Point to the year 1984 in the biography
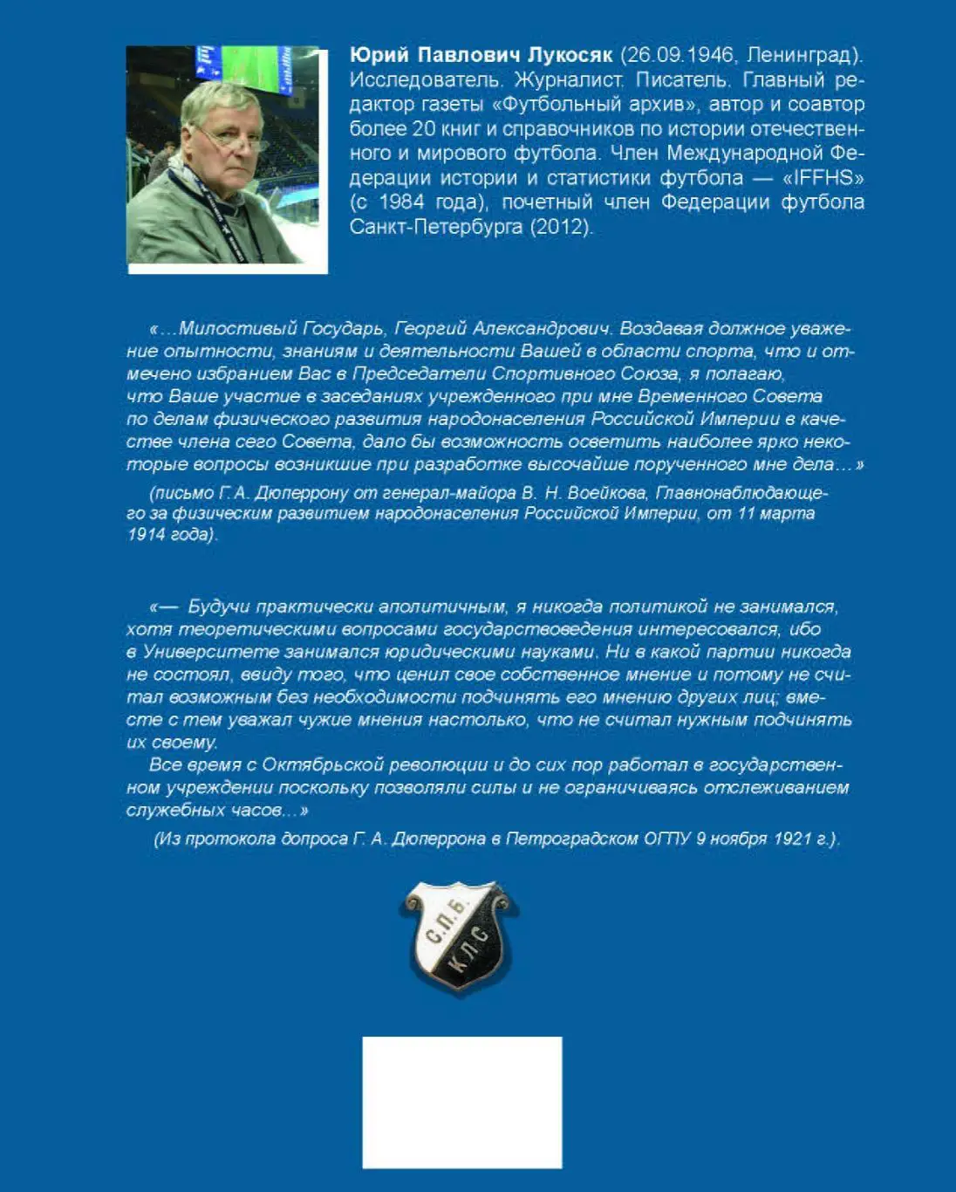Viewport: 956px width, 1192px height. tap(401, 202)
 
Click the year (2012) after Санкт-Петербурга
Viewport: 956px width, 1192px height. tap(570, 227)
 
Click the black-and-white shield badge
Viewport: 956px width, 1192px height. tap(460, 935)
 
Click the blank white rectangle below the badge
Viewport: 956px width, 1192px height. tap(461, 1101)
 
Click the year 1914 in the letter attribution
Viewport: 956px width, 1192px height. tap(147, 535)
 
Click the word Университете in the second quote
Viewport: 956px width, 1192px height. tap(208, 652)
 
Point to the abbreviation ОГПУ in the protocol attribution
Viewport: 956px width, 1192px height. tap(667, 839)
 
